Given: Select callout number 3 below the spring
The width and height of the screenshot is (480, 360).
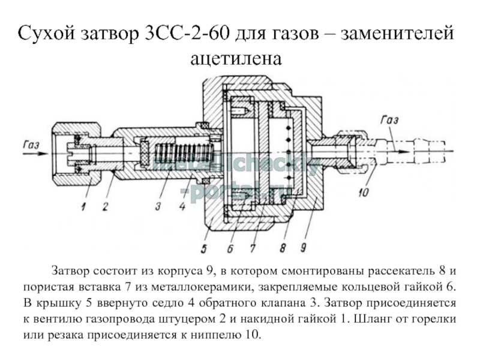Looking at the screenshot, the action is pyautogui.click(x=158, y=207).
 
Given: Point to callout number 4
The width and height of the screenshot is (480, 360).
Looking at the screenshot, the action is pyautogui.click(x=181, y=207).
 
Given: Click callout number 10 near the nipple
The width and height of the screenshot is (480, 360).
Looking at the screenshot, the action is pyautogui.click(x=362, y=194).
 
